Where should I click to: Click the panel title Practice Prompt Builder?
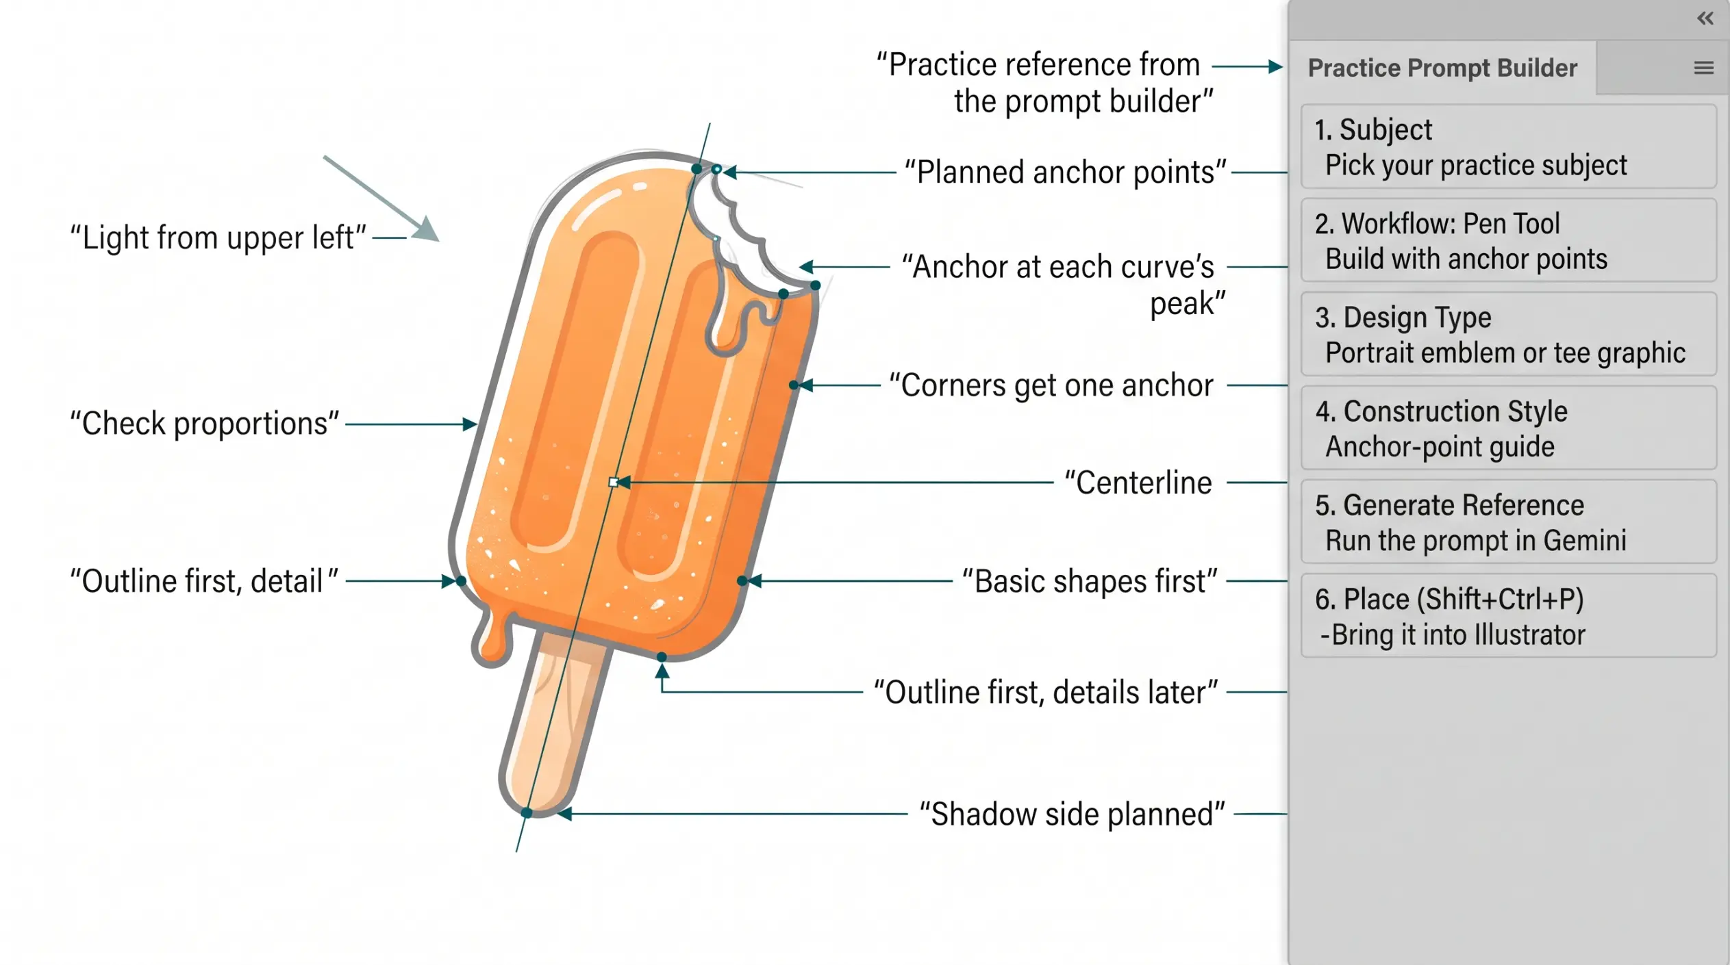click(x=1442, y=68)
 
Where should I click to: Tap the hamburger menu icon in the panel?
click(x=1704, y=68)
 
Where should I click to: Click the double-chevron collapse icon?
click(x=1705, y=18)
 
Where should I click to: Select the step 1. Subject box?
click(x=1508, y=146)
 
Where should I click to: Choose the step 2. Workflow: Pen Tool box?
click(x=1508, y=240)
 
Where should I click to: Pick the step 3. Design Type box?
click(x=1508, y=334)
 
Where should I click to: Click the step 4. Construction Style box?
click(x=1508, y=428)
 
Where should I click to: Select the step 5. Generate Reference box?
click(x=1508, y=522)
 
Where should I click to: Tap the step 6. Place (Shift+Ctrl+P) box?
click(x=1508, y=615)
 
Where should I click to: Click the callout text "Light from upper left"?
click(x=218, y=237)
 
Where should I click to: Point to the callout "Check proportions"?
click(x=204, y=424)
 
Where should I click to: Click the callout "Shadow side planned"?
click(x=1072, y=814)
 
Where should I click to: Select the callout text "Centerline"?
click(x=1138, y=483)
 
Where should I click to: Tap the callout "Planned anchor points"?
click(x=1065, y=172)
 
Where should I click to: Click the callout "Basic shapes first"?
click(x=1090, y=581)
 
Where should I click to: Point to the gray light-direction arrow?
click(x=381, y=198)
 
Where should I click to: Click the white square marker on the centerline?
click(x=614, y=483)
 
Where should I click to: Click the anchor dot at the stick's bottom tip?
click(x=527, y=812)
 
